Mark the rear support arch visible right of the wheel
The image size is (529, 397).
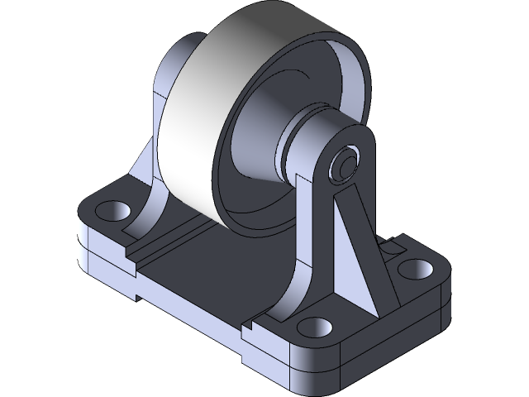pos(351,83)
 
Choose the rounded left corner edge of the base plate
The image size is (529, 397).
pos(83,240)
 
